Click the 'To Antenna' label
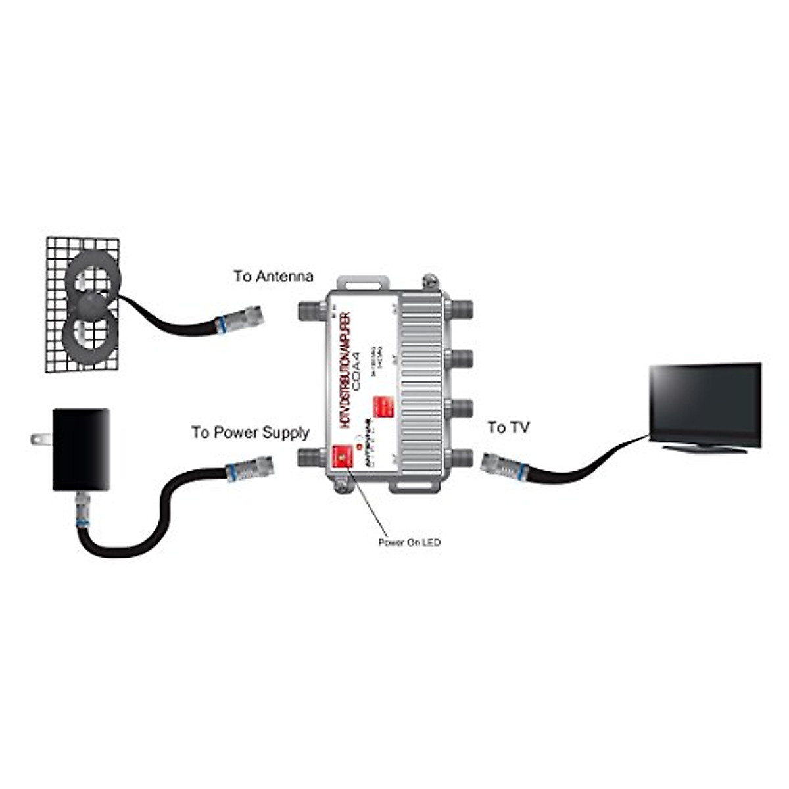point(274,276)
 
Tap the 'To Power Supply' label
point(250,433)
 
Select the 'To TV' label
point(508,428)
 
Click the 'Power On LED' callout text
point(409,542)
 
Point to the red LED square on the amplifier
point(341,457)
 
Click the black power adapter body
point(81,449)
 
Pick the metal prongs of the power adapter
point(41,439)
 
